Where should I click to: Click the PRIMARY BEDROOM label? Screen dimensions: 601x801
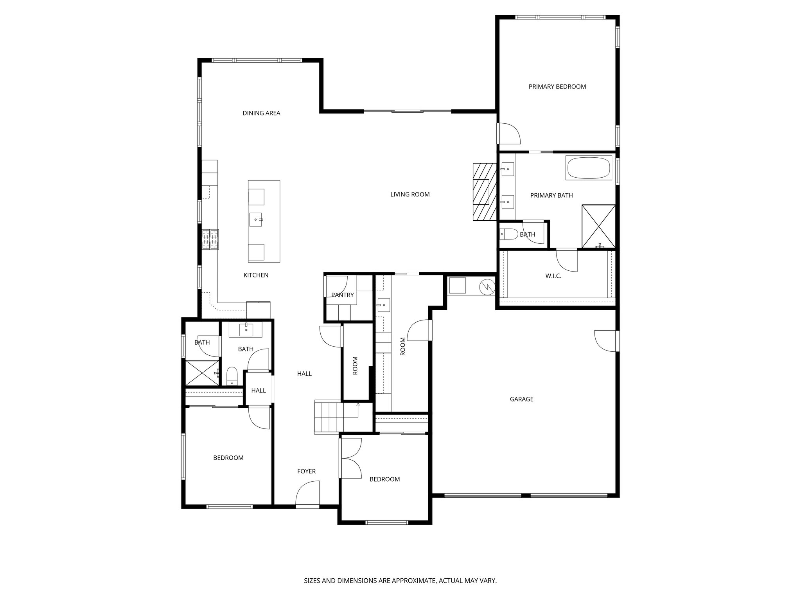(x=557, y=87)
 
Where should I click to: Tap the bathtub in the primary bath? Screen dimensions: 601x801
(x=589, y=168)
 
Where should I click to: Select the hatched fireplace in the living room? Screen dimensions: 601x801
(x=484, y=191)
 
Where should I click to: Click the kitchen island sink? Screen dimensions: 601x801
(x=256, y=220)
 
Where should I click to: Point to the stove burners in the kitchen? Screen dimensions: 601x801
(x=210, y=239)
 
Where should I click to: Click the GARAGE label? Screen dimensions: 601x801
(x=521, y=399)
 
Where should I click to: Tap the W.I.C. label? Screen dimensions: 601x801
(x=553, y=276)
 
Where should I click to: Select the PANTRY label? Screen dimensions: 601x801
(x=342, y=295)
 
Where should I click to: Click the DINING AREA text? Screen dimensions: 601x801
(x=261, y=113)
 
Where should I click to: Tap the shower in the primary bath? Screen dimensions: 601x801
(x=598, y=226)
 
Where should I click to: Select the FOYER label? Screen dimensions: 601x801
(x=306, y=471)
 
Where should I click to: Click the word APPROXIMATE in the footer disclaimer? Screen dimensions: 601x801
(x=413, y=581)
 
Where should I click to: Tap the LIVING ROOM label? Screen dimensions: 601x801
(x=410, y=194)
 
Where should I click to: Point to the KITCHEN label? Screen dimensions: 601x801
(x=256, y=275)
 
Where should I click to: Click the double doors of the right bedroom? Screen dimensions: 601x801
(x=351, y=458)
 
